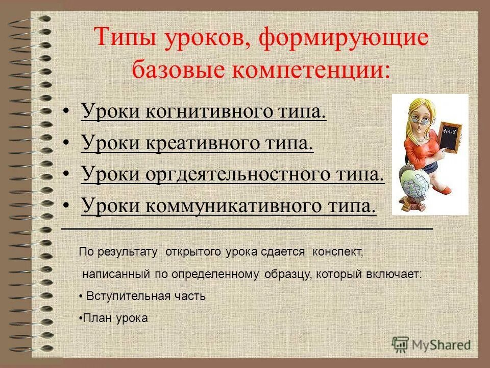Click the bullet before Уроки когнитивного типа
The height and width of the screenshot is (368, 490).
(x=66, y=112)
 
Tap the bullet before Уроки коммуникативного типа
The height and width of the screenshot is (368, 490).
(x=66, y=206)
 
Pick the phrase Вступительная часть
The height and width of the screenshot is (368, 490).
(x=146, y=296)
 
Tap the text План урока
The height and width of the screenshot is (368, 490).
(x=116, y=318)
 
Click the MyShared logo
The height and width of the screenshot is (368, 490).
(x=432, y=344)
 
